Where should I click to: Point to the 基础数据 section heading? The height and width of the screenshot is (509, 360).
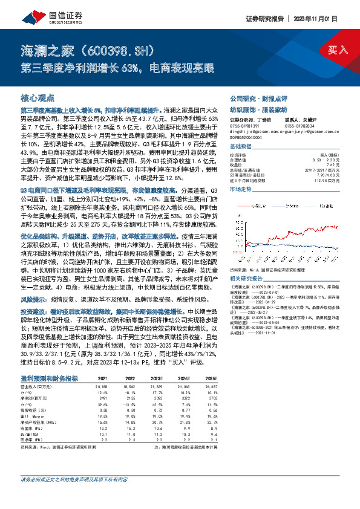coord(240,146)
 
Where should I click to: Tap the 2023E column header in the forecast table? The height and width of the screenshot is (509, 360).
coord(157,378)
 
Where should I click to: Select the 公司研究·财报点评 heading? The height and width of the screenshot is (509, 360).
coord(252,97)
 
